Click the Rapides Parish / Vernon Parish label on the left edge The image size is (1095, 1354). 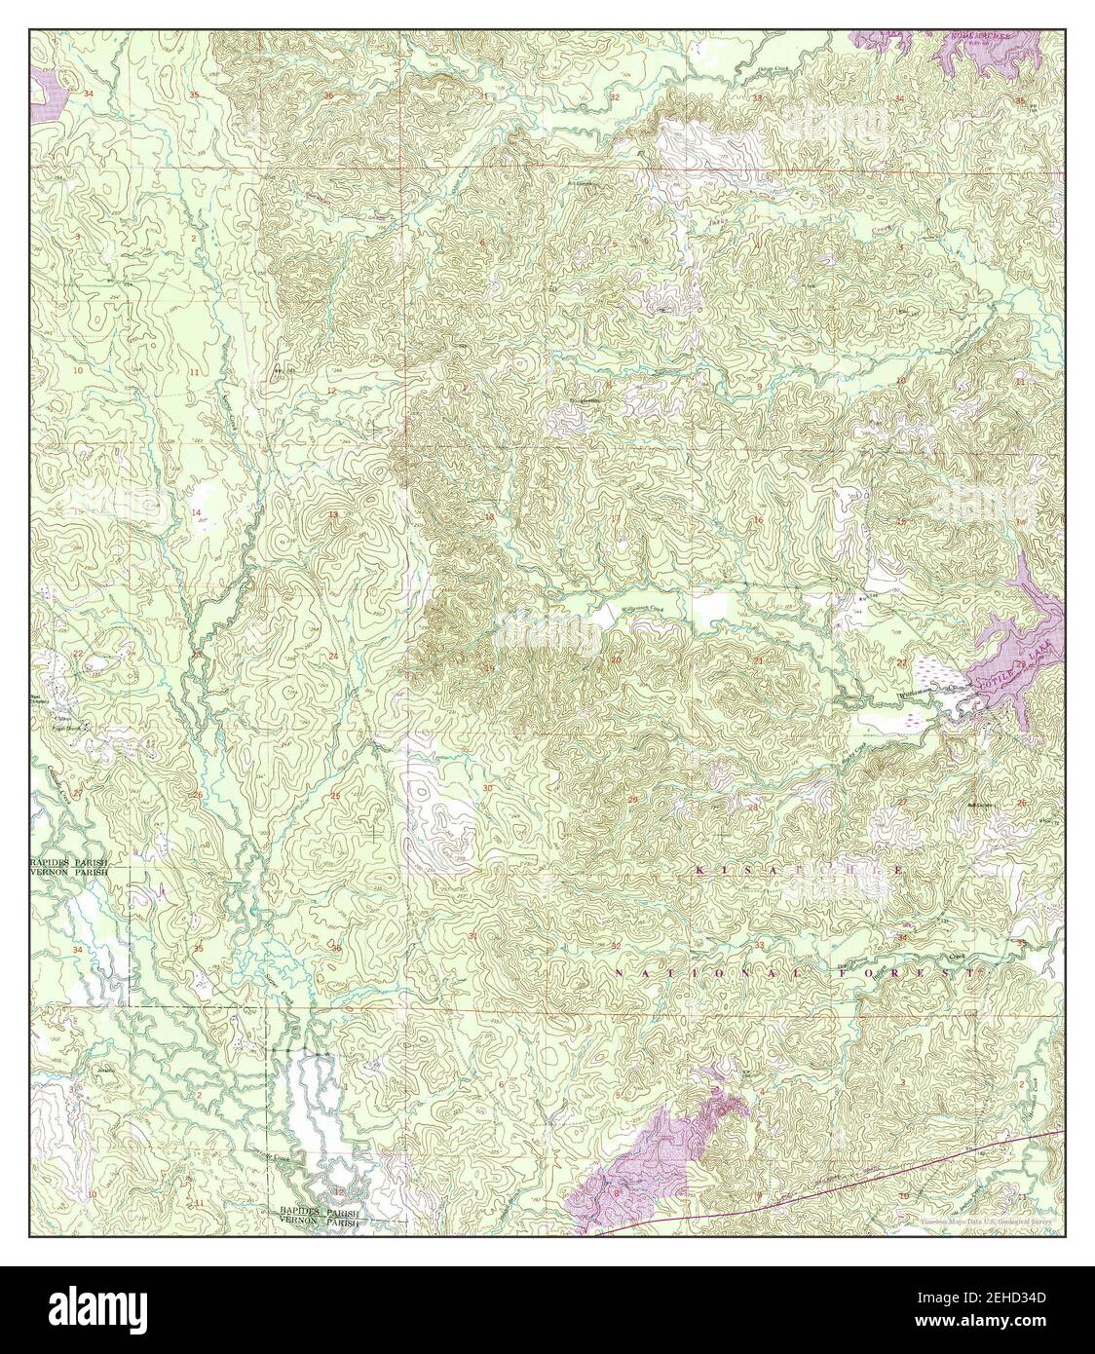(68, 870)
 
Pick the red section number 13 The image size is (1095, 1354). (332, 514)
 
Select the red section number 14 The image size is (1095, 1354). (195, 511)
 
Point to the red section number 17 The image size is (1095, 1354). (616, 518)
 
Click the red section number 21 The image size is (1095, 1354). (758, 661)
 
